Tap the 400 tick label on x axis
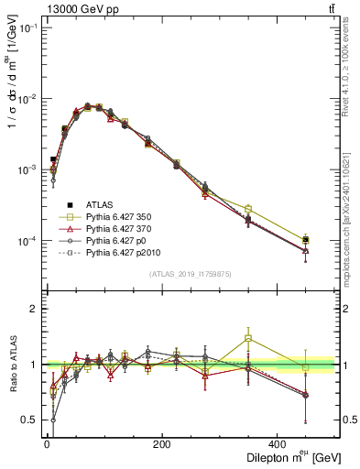click(x=278, y=444)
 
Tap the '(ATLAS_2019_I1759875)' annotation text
click(x=191, y=274)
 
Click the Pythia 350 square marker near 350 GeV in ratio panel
click(x=248, y=338)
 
